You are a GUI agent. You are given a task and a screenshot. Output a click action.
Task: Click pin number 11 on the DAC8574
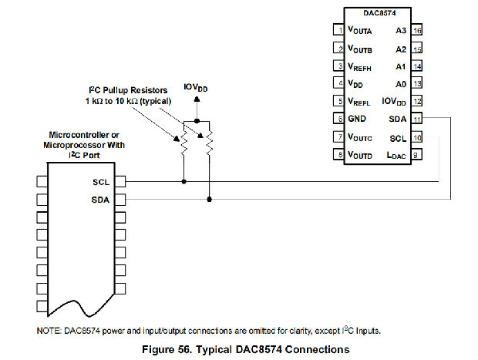(x=416, y=119)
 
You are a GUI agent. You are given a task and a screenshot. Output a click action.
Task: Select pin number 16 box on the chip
(x=416, y=31)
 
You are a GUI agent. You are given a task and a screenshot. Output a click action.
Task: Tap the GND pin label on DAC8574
(x=357, y=119)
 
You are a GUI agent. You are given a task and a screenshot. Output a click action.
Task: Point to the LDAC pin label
(x=395, y=155)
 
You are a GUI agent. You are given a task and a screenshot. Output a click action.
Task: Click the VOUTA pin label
(x=360, y=31)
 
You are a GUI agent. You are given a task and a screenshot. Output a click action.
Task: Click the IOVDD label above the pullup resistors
(x=196, y=87)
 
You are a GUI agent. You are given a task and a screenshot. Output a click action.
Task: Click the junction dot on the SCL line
(x=184, y=183)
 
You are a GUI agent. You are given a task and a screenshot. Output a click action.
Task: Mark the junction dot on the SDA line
(x=209, y=199)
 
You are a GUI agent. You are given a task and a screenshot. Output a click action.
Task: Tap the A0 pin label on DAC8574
(x=399, y=84)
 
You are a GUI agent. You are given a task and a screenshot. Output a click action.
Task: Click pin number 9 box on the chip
(x=416, y=155)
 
